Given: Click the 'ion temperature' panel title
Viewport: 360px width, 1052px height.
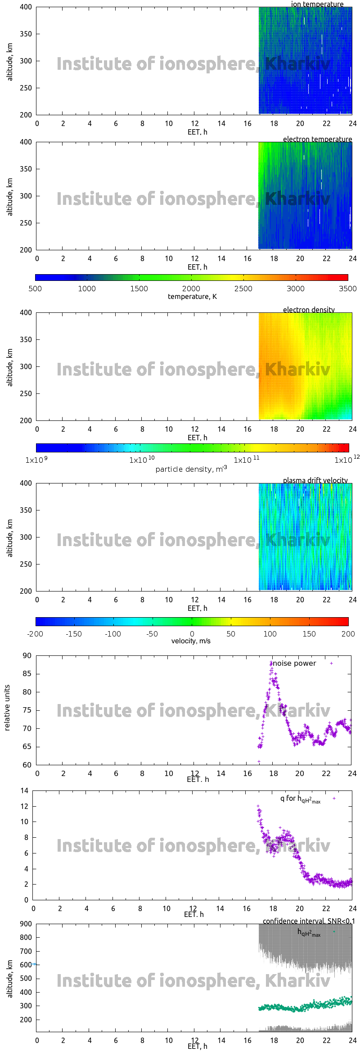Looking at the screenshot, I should tap(317, 4).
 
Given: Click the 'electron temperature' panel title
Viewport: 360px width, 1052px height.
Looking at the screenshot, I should tap(317, 139).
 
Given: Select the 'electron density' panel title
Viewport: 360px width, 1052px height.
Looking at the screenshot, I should tap(309, 310).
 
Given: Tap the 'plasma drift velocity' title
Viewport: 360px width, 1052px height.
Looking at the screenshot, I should tap(315, 480).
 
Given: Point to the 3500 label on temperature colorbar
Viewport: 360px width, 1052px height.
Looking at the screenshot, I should tap(347, 289).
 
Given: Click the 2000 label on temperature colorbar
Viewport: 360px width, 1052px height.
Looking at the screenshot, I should tap(191, 289).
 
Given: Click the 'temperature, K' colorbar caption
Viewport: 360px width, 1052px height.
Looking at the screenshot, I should tap(192, 297).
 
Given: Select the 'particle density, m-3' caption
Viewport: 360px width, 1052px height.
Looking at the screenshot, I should tap(191, 469).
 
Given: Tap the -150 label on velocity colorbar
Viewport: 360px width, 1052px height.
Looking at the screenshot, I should tap(74, 634).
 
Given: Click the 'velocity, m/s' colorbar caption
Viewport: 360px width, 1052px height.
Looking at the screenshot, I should tap(191, 641).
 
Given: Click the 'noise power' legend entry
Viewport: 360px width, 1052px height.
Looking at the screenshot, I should tap(294, 664).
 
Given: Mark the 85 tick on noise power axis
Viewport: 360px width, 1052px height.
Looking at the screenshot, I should tap(27, 674).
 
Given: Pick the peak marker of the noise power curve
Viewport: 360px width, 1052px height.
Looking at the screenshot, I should tap(271, 663).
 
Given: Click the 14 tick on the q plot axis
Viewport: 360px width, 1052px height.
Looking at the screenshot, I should tap(24, 791).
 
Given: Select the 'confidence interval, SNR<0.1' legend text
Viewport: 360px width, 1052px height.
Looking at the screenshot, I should tap(309, 921).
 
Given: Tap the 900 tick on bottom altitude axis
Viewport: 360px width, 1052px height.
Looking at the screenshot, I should tap(26, 924).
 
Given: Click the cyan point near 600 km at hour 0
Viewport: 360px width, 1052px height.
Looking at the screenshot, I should tap(34, 964).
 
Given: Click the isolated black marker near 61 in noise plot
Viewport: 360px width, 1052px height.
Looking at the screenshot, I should tap(259, 762).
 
